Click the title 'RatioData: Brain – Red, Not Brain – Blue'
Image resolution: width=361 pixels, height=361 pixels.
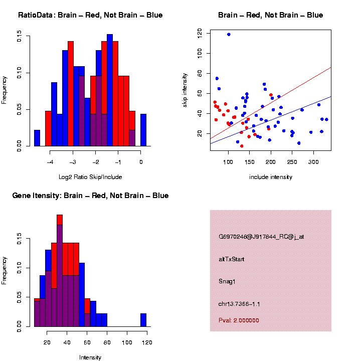pos(90,15)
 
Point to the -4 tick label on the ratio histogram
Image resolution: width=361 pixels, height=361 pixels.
pos(50,162)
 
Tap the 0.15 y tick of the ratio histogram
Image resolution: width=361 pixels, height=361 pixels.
pos(20,36)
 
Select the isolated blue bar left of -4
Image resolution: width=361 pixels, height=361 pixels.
pos(37,138)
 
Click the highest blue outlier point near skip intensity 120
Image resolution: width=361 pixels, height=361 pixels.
pos(229,35)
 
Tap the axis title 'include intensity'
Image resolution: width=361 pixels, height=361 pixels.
pos(271,177)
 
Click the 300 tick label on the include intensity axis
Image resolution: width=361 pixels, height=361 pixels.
pos(313,162)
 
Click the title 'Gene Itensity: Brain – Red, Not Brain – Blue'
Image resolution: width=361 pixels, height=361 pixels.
pos(90,196)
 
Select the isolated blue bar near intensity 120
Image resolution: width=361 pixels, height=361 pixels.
pos(143,320)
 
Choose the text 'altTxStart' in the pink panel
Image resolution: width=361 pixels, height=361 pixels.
pos(232,259)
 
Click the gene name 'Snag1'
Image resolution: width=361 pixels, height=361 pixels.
pos(227,281)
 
